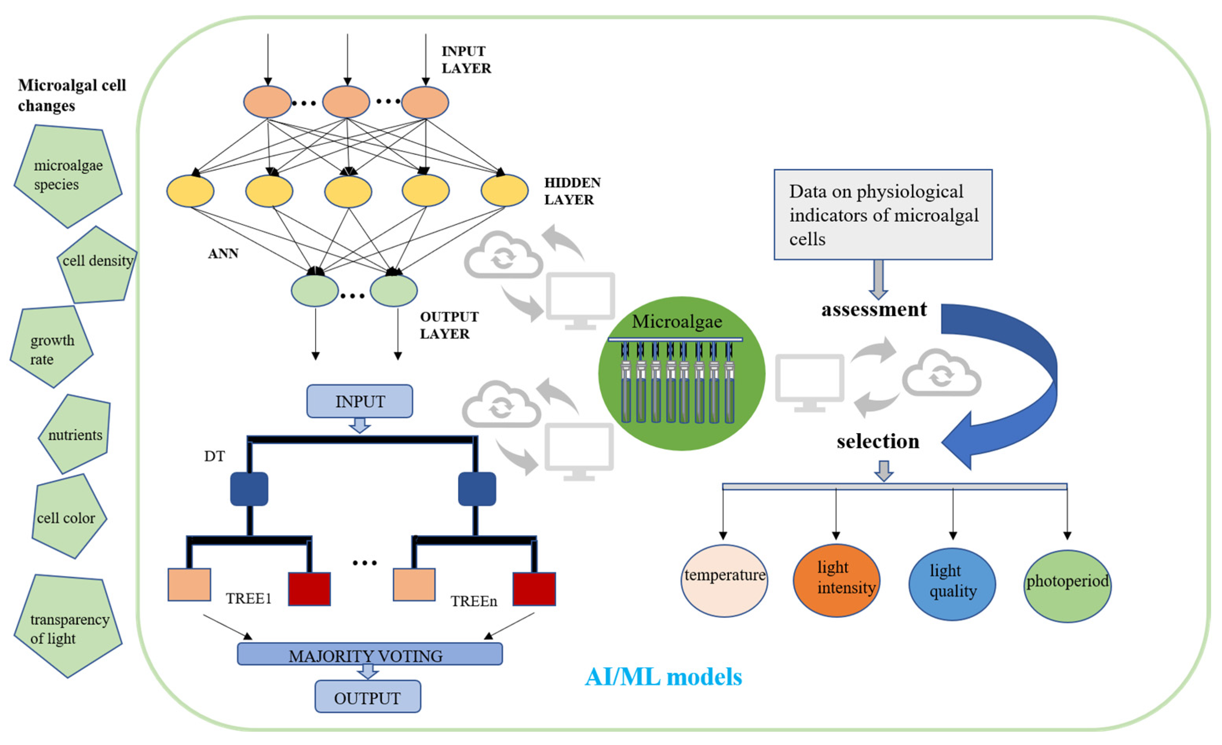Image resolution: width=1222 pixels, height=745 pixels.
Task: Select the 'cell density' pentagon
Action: (98, 264)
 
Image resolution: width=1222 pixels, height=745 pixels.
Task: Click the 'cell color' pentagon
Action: (67, 517)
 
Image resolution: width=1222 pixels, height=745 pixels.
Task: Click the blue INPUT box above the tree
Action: (360, 401)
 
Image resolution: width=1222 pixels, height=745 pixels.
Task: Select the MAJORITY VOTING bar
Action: (369, 654)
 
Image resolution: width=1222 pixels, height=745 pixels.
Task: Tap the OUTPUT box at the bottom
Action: (367, 697)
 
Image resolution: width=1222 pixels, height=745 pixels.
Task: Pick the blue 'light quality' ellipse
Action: (952, 584)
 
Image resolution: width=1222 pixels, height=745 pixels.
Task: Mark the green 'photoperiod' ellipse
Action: (1067, 586)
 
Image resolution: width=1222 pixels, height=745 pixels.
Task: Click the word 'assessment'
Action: (874, 309)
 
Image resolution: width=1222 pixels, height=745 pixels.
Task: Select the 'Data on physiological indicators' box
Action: (883, 215)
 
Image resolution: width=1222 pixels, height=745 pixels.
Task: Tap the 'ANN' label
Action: (223, 254)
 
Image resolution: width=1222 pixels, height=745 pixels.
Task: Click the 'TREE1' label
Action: (248, 599)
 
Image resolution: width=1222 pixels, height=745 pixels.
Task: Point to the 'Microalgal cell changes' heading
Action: (72, 95)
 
